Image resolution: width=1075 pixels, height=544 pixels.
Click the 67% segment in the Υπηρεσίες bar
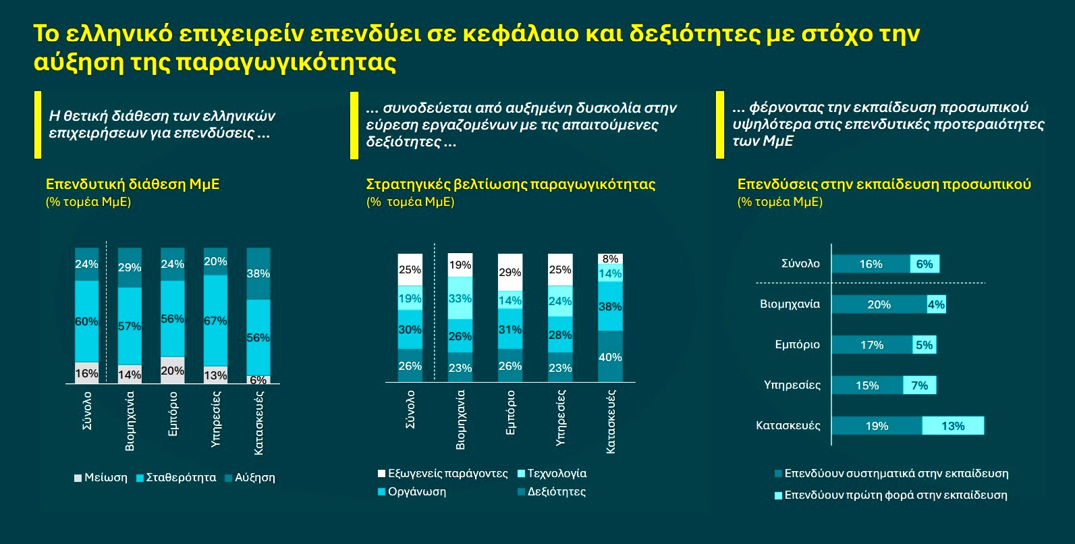pos(215,321)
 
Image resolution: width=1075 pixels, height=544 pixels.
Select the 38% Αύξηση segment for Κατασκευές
pos(258,273)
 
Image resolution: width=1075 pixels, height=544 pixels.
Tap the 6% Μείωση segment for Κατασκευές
pos(258,379)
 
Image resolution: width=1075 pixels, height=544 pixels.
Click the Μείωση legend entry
pos(101,478)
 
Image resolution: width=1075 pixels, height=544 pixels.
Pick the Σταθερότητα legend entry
pos(176,478)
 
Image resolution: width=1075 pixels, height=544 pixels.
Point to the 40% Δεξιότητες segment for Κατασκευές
pos(610,357)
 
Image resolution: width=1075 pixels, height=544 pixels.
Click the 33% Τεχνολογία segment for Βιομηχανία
pos(460,298)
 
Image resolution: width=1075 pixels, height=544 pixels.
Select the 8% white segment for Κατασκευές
pos(610,259)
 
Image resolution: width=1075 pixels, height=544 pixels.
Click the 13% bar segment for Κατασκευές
pos(953,426)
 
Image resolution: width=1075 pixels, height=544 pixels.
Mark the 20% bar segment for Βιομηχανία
pos(879,304)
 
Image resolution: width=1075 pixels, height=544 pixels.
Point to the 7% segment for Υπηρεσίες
pos(920,385)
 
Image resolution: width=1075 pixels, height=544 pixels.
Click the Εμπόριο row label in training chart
pos(797,345)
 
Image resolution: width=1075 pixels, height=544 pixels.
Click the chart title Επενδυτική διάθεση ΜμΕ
pos(132,184)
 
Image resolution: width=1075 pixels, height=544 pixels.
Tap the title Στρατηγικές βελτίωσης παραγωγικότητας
pos(510,184)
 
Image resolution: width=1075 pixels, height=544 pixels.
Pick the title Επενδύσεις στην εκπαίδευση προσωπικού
pos(884,184)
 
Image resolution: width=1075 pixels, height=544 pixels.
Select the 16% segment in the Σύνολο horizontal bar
pos(871,264)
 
